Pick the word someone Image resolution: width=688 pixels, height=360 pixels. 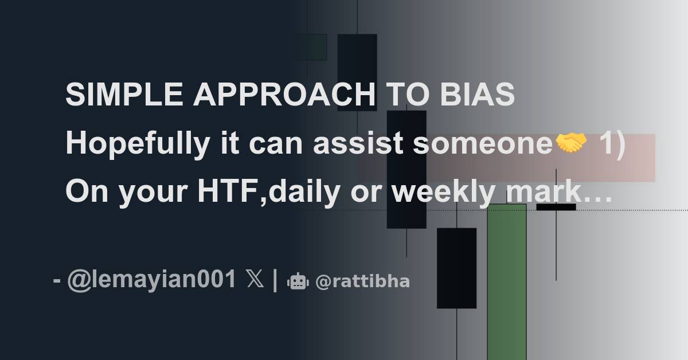click(480, 144)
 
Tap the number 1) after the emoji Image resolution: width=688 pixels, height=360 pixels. click(612, 144)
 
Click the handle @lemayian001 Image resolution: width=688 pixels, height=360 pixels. click(151, 280)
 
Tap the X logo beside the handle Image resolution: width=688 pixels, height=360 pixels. click(255, 280)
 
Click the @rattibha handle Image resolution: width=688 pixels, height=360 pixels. click(362, 281)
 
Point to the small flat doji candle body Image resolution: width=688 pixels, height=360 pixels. click(556, 207)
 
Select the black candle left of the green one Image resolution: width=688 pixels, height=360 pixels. click(456, 268)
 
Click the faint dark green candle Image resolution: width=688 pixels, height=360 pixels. click(311, 47)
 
